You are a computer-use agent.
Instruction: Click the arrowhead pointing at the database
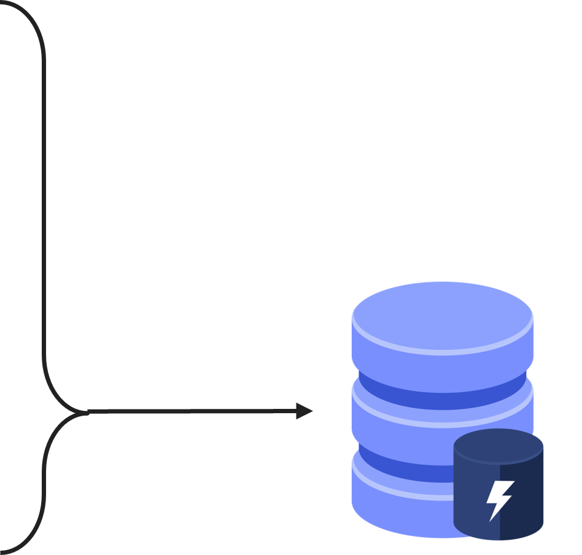pos(305,411)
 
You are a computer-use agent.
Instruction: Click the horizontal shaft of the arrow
pos(190,411)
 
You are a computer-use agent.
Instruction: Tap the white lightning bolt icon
pos(499,499)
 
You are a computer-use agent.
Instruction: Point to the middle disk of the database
pos(405,417)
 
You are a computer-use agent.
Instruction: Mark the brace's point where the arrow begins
pos(86,411)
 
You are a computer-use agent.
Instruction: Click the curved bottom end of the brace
pos(25,543)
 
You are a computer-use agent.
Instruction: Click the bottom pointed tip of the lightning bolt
pos(491,519)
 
